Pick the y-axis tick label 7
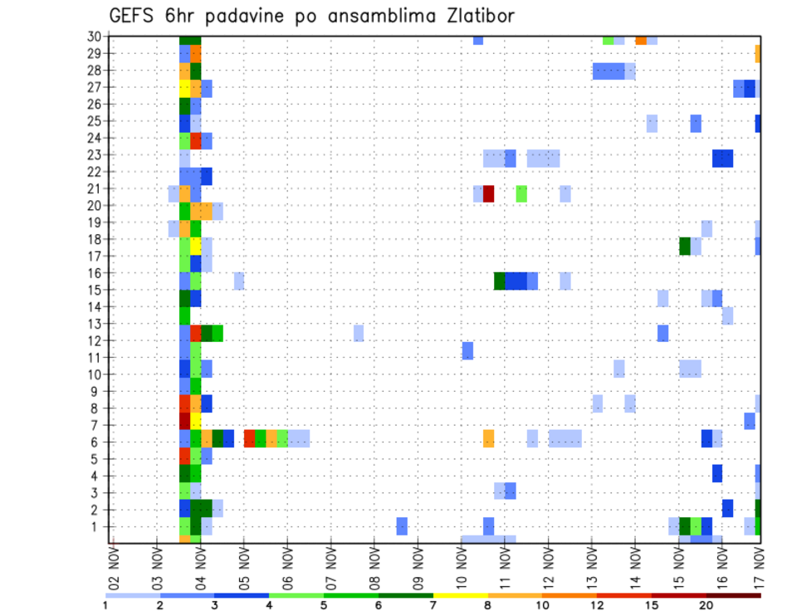click(x=96, y=425)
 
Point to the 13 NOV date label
click(x=592, y=568)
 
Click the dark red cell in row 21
click(x=489, y=193)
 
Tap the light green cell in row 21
click(x=521, y=193)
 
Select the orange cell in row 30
click(x=641, y=40)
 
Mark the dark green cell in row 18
click(x=685, y=246)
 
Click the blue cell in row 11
click(x=467, y=350)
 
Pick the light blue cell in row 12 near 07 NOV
click(x=359, y=333)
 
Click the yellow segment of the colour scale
click(x=460, y=595)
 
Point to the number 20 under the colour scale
click(x=706, y=606)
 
